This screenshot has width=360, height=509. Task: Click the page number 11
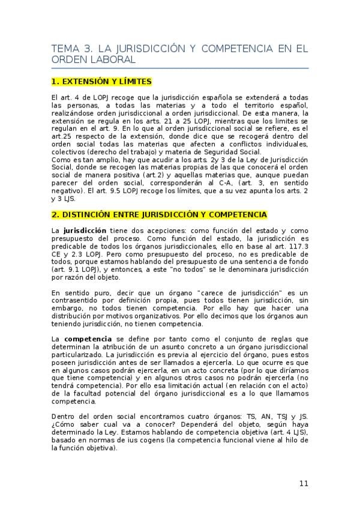(303, 484)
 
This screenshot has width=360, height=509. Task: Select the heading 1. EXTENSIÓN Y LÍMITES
(101, 82)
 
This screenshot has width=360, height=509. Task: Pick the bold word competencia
(88, 339)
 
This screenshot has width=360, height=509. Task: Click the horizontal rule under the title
(179, 68)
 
